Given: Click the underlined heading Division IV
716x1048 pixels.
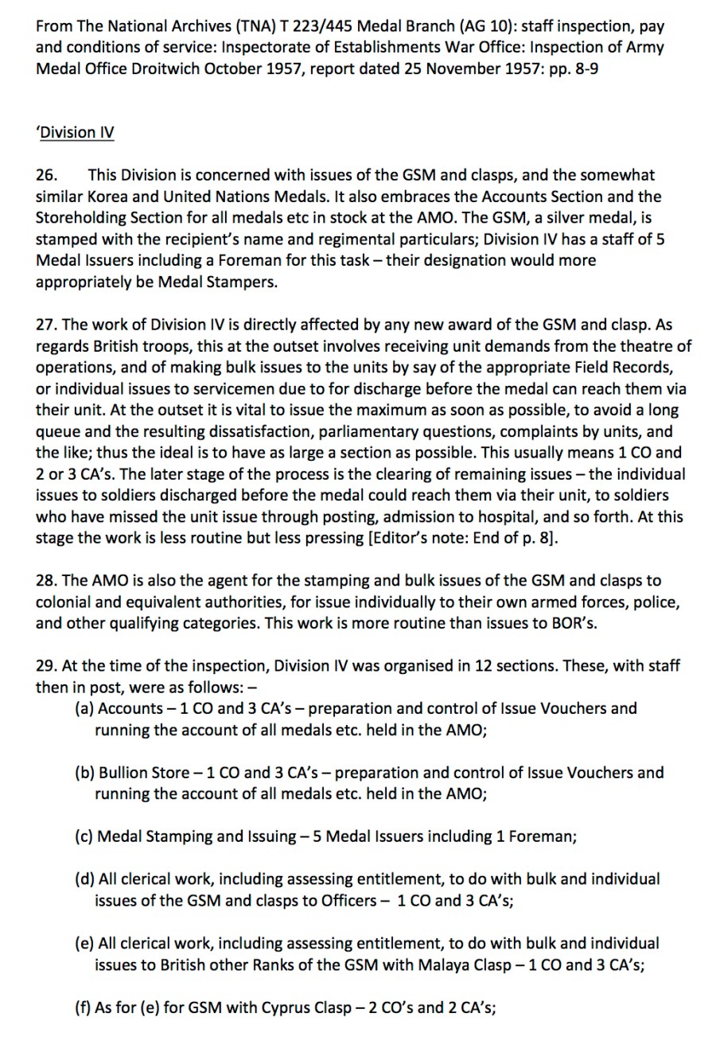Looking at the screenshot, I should [76, 132].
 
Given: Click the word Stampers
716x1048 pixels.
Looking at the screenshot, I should [243, 282].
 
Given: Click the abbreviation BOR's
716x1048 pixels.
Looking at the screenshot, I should [574, 623].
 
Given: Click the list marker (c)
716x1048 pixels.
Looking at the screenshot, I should [84, 836].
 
